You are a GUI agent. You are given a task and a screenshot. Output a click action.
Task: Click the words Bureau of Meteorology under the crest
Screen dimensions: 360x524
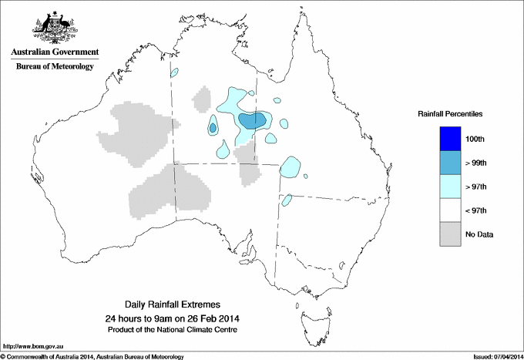(x=54, y=67)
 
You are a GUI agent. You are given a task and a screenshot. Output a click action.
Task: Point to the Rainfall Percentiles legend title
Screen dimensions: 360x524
(x=450, y=113)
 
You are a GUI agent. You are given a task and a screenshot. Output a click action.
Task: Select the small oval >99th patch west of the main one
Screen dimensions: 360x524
(x=213, y=128)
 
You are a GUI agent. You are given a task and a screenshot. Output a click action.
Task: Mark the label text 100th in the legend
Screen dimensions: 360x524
(x=475, y=139)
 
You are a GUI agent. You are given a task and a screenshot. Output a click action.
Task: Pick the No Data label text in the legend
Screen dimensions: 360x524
(x=479, y=234)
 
